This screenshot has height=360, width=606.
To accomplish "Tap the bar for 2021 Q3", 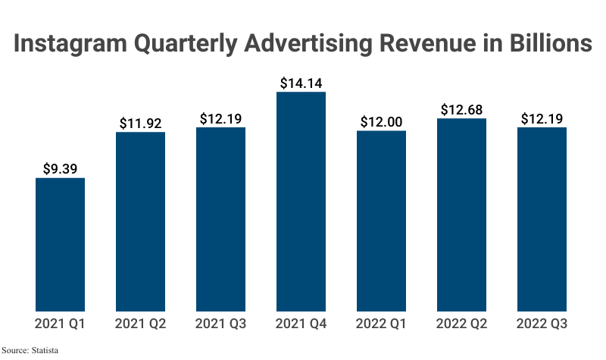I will click(221, 219).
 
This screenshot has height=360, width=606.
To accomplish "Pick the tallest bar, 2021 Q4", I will click(301, 201).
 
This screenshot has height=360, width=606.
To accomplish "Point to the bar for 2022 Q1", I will click(382, 221).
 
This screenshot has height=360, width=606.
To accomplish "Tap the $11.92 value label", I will click(141, 123).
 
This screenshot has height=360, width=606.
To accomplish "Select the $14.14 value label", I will click(301, 83).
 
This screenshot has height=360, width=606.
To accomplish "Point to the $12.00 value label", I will click(382, 122).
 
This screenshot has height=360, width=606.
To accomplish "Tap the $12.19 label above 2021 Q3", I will click(221, 119).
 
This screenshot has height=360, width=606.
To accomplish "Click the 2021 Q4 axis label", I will click(301, 324).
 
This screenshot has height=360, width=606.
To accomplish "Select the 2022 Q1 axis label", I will click(382, 324).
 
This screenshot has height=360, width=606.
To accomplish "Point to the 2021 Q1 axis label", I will click(61, 324).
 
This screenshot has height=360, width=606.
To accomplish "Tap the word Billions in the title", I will click(540, 44).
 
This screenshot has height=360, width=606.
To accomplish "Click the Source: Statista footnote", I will click(30, 351).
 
